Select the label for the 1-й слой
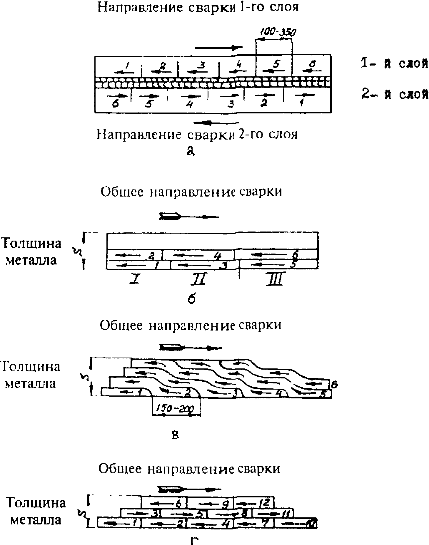(394, 64)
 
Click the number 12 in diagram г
(264, 503)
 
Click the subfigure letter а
(191, 150)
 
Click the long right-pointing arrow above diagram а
(219, 47)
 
